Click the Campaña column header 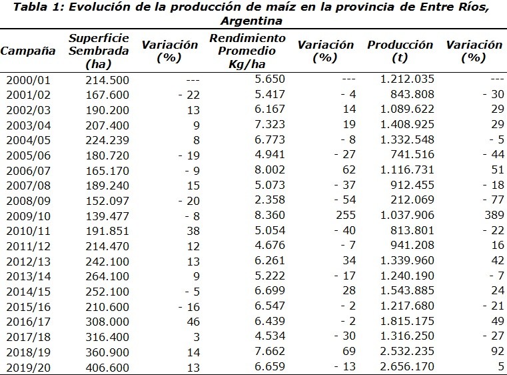pos(27,51)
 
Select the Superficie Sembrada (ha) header pos(99,51)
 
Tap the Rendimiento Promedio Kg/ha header pos(247,51)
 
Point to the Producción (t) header pos(400,51)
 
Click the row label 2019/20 pos(27,366)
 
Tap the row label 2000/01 pos(27,79)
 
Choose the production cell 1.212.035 pos(407,79)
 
